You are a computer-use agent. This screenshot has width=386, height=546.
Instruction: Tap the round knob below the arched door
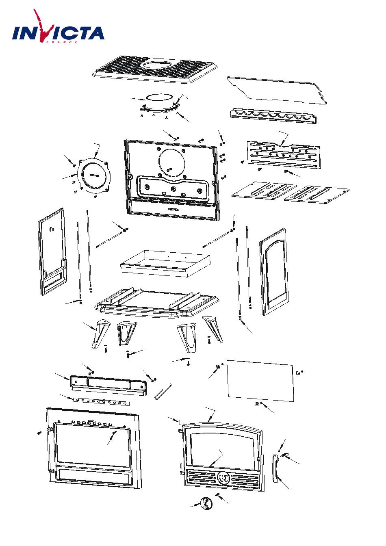pos(206,504)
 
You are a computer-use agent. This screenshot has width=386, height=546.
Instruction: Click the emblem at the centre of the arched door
pos(223,478)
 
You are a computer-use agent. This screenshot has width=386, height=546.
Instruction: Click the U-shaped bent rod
pos(163,392)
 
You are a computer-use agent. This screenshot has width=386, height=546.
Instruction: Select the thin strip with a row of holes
pos(102,402)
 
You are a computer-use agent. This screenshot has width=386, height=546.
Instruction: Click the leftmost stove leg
pos(99,333)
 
